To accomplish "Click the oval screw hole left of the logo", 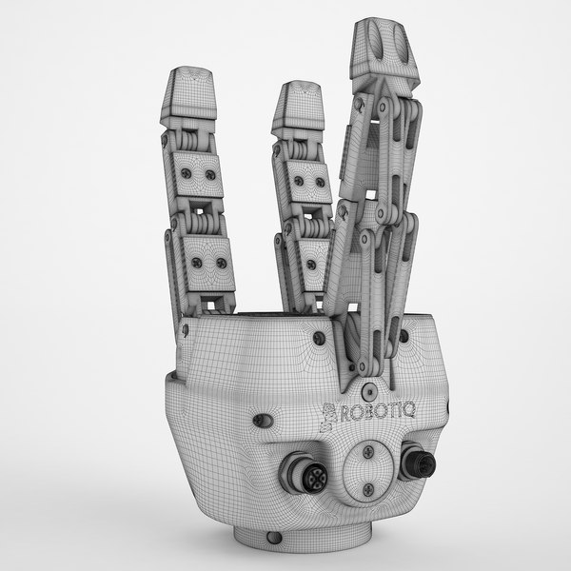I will [269, 419].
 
